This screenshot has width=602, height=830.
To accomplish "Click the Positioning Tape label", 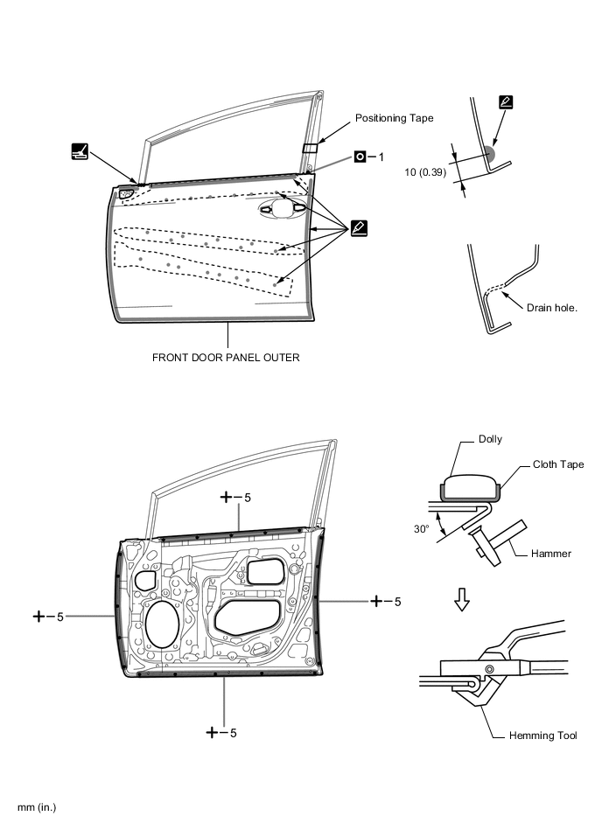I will point(393,117).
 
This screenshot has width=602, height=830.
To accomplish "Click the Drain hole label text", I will point(552,308).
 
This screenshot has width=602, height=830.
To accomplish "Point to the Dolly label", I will point(490,439).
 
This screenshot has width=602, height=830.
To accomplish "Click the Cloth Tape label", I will point(558,464).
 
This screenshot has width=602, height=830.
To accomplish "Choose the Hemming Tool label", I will point(542,736).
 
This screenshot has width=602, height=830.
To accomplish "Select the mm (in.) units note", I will point(36,806).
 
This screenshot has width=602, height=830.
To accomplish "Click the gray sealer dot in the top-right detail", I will point(487,154).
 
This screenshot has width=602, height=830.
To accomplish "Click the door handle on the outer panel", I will point(282,207).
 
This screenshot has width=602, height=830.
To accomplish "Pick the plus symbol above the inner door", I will point(227,497).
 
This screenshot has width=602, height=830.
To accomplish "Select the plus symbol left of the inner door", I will point(39,616).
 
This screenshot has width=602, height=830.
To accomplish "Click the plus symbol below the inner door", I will point(213,732).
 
